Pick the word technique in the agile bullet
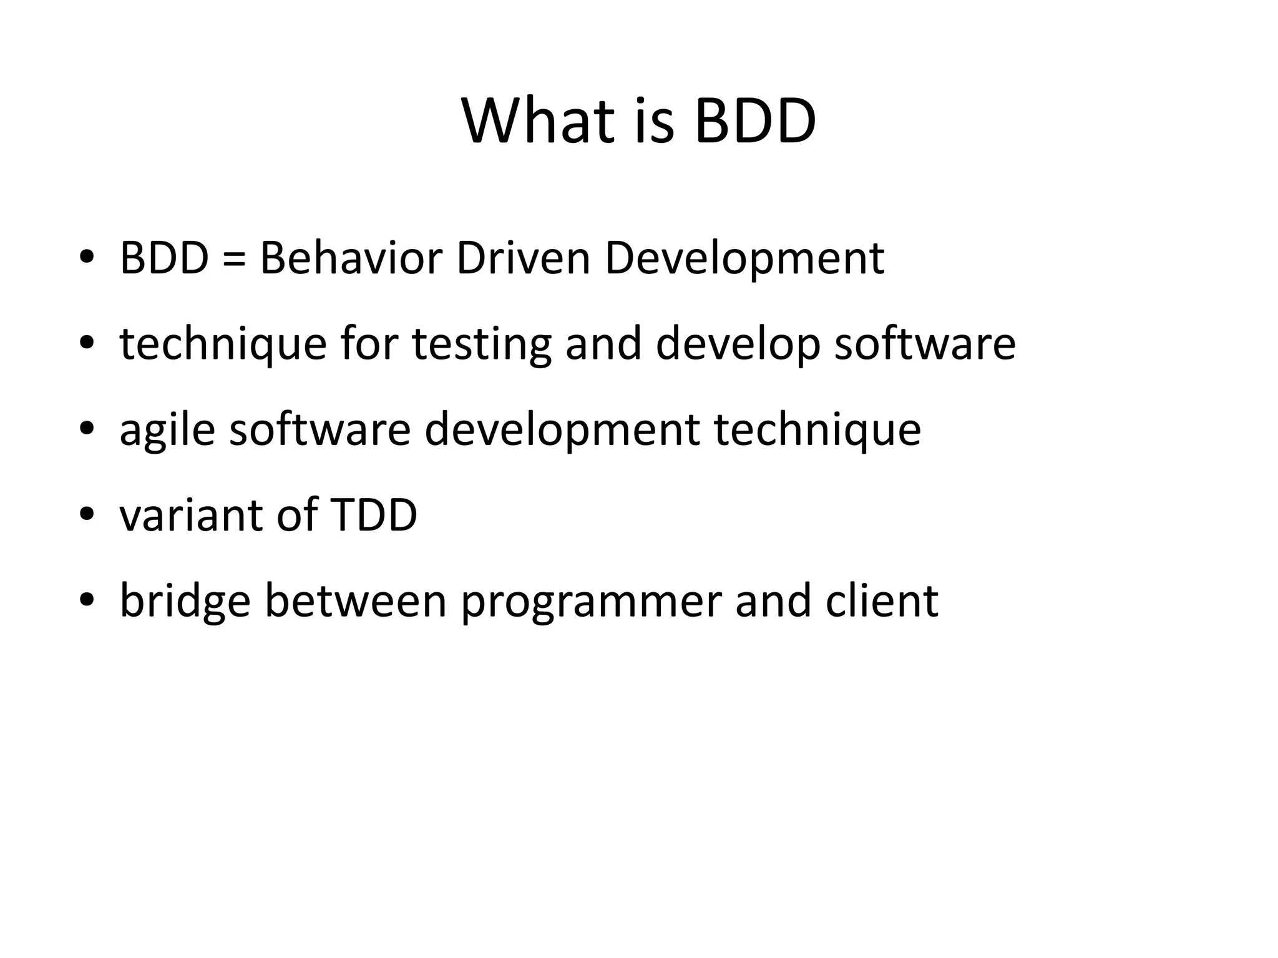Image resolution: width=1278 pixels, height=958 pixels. (817, 431)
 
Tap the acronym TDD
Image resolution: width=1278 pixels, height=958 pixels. (373, 515)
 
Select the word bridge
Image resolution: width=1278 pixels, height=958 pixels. (185, 601)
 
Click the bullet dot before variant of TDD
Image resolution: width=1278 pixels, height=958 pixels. (87, 514)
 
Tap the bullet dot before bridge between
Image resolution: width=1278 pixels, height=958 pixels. (87, 599)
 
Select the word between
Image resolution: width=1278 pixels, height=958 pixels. (356, 600)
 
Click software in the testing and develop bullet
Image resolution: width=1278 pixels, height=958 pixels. (925, 344)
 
